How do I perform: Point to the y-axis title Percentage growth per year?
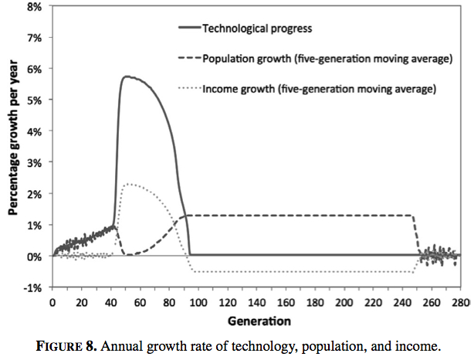[13, 147]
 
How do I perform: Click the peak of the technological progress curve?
[126, 76]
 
